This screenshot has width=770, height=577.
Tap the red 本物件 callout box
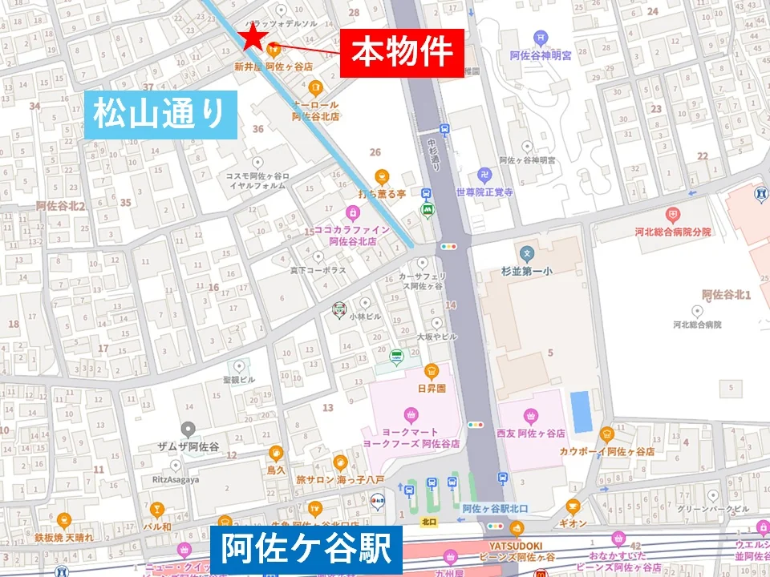402,53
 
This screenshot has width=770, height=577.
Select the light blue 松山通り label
160,115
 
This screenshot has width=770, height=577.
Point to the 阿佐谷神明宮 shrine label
543,56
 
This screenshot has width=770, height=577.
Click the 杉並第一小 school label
527,272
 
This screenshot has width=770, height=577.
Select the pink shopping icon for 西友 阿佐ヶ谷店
530,415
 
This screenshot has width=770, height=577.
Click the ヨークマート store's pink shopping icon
411,414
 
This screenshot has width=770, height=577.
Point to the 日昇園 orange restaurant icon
432,370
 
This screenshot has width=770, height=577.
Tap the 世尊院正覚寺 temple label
484,192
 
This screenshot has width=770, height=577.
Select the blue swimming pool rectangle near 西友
578,411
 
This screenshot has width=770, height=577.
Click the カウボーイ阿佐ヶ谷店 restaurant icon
606,434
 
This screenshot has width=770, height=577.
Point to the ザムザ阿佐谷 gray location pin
188,429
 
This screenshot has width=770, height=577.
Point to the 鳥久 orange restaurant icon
276,452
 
